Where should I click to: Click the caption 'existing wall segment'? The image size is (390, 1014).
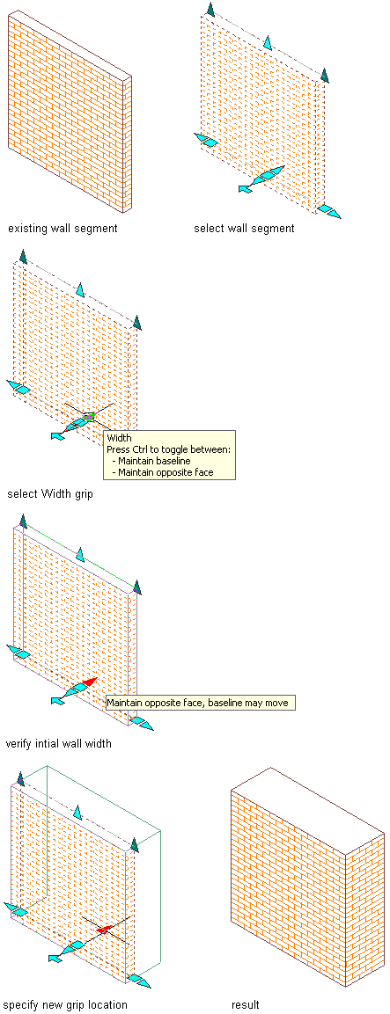tap(63, 229)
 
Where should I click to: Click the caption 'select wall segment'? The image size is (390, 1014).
tap(244, 229)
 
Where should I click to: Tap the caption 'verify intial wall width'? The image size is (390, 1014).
tap(58, 744)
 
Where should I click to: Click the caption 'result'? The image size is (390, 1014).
tap(246, 1004)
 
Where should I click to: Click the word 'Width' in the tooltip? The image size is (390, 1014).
tap(119, 438)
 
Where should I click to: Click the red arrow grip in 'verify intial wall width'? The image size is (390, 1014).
tap(90, 682)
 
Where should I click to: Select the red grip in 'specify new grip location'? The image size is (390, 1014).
tap(103, 930)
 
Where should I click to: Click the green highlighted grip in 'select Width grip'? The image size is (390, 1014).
tap(90, 416)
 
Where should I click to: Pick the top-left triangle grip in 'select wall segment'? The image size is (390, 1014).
tap(210, 9)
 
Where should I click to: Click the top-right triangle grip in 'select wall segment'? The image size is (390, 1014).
tap(325, 75)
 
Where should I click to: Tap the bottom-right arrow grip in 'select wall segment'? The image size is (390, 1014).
tap(328, 211)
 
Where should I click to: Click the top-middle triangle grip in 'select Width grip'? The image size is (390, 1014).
tap(79, 289)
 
